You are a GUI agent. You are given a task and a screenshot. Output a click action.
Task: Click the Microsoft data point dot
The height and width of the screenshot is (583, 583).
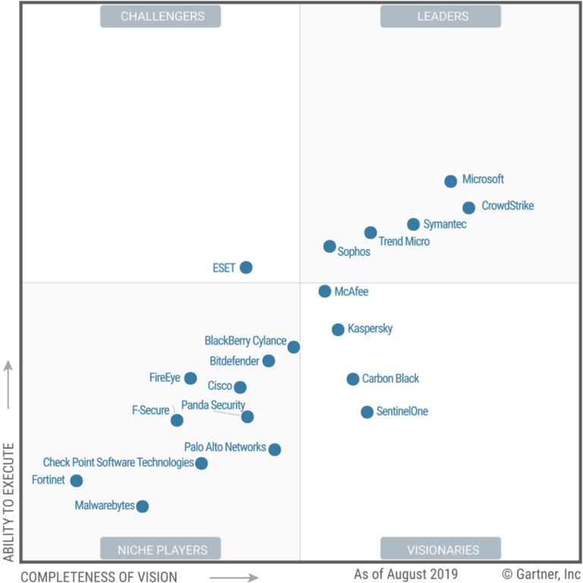(450, 181)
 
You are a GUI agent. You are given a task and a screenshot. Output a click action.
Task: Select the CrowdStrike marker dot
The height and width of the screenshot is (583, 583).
(469, 208)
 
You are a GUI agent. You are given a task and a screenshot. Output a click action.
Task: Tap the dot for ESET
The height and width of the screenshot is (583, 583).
(246, 267)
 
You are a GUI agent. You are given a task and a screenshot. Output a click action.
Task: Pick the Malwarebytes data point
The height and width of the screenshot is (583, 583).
(142, 506)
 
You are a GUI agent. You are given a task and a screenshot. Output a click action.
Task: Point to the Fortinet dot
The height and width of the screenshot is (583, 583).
(77, 481)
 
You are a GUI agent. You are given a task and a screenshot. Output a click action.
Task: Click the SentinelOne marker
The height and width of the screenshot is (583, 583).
(367, 412)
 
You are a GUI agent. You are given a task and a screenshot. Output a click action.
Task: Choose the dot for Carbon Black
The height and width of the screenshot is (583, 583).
(353, 379)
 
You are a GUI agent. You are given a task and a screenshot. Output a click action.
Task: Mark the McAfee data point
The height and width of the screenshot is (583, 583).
(325, 291)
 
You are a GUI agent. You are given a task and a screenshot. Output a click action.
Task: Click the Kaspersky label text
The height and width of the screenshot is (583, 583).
(370, 329)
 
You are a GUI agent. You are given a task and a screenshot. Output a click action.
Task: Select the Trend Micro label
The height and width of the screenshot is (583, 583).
(404, 241)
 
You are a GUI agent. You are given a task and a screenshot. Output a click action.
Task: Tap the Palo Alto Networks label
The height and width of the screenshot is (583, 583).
(225, 447)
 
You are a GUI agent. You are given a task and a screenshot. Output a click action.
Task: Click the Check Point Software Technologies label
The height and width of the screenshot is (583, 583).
(118, 462)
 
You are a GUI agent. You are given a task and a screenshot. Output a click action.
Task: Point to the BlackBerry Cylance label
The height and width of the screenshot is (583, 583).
(245, 341)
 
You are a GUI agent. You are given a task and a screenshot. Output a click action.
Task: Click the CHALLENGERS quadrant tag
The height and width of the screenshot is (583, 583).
(160, 16)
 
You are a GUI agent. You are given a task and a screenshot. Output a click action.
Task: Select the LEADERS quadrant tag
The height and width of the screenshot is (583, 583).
(440, 16)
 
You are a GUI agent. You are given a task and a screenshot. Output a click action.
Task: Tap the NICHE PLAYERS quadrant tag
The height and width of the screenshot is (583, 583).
(160, 549)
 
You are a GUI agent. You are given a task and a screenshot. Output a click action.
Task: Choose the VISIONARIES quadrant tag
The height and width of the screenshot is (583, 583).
(440, 549)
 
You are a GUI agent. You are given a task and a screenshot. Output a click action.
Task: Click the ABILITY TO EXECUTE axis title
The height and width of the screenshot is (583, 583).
(9, 502)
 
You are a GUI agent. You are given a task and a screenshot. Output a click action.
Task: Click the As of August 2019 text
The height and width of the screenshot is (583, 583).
(405, 573)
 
